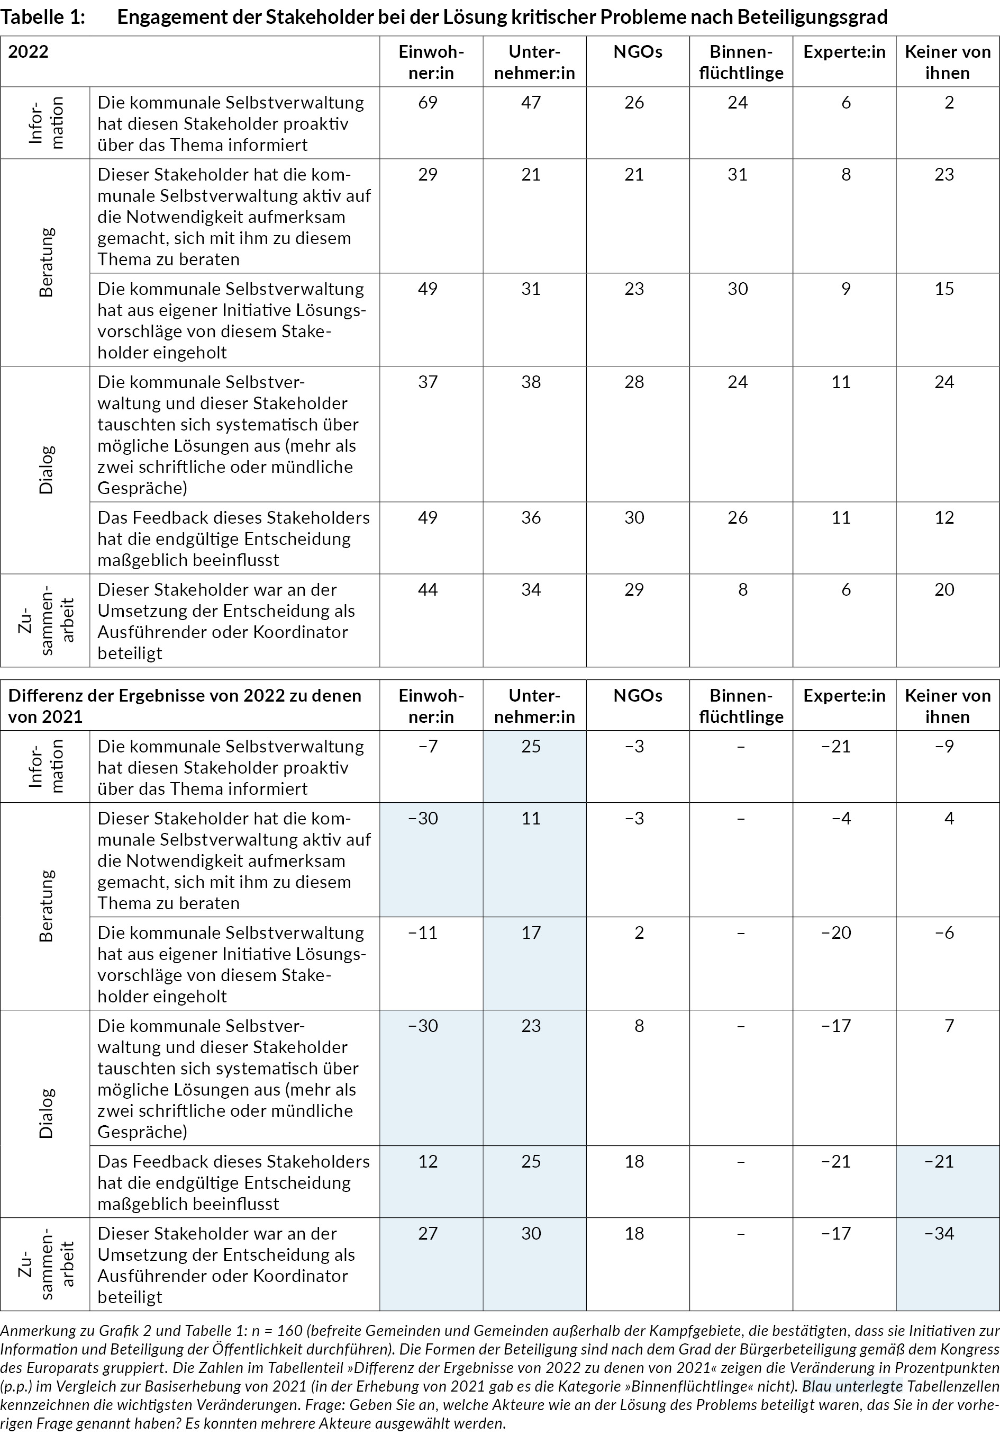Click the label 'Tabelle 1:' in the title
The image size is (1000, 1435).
click(x=42, y=17)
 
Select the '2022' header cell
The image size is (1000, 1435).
click(x=28, y=51)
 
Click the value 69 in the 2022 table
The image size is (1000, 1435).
click(x=428, y=103)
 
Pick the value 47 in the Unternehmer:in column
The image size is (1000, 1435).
click(x=531, y=103)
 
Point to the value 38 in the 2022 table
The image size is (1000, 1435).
click(x=531, y=382)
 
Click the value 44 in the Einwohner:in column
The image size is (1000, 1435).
click(x=428, y=589)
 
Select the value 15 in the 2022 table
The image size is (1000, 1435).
click(x=944, y=289)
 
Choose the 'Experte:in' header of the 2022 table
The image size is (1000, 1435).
click(x=844, y=51)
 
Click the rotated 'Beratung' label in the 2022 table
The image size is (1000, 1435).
click(x=46, y=263)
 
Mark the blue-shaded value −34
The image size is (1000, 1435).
click(x=939, y=1233)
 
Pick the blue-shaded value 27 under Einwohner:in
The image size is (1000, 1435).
click(x=428, y=1233)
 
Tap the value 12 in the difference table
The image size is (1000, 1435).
click(x=428, y=1161)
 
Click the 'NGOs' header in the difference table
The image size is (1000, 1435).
click(x=638, y=696)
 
